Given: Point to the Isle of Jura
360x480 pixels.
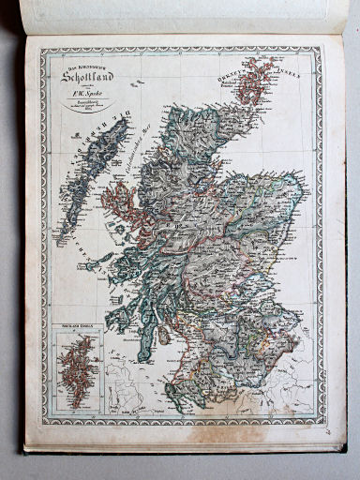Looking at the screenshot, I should (x=129, y=305).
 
